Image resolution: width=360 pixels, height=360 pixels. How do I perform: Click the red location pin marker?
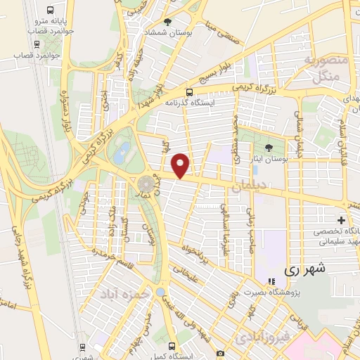(181, 165)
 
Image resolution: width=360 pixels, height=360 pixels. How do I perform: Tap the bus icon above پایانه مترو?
(50, 11)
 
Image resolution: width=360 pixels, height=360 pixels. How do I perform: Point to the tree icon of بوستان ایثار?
(269, 148)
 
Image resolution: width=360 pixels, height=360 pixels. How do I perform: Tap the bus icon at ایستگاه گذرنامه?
(188, 92)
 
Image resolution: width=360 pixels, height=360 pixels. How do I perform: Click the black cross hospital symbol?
(342, 221)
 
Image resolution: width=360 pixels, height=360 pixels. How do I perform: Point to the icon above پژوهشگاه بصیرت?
(272, 282)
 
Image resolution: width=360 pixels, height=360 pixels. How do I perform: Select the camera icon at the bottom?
(221, 353)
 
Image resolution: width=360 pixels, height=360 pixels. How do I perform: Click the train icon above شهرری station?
(83, 347)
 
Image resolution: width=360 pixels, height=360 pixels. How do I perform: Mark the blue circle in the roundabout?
(160, 292)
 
